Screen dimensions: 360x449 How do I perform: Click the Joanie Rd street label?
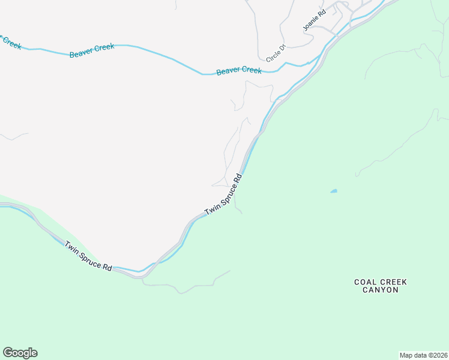314,20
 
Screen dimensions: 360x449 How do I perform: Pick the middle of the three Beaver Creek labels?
92,50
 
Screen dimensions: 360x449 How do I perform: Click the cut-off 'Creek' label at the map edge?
10,41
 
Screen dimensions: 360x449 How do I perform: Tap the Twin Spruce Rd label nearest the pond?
223,194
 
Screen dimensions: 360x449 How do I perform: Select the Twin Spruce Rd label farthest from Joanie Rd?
88,257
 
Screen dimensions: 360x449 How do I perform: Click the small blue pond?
333,191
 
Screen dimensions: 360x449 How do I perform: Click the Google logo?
20,353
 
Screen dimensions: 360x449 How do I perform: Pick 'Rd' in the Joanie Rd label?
321,13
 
